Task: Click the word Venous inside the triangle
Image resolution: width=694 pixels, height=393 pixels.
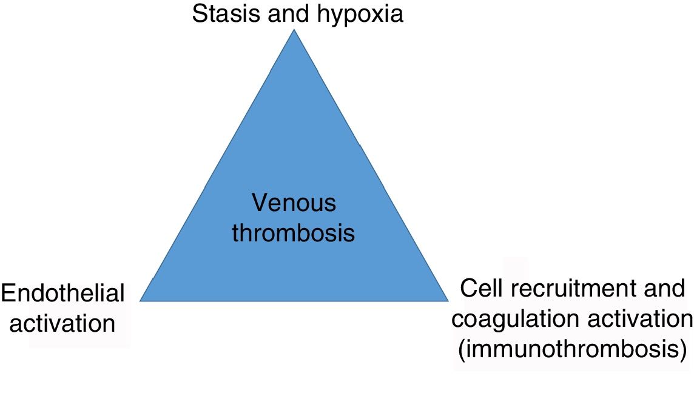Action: click(294, 203)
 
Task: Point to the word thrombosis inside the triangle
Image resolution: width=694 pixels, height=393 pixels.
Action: click(294, 233)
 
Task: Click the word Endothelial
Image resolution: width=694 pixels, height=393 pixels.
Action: click(63, 294)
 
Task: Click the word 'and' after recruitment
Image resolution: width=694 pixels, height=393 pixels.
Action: click(665, 289)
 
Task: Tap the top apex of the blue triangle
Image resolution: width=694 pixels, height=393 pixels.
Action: click(294, 30)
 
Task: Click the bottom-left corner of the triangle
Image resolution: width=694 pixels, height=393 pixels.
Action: click(141, 300)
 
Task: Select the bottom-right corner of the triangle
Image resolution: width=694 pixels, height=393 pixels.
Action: click(447, 300)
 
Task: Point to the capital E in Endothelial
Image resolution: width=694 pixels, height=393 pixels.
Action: click(8, 294)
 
